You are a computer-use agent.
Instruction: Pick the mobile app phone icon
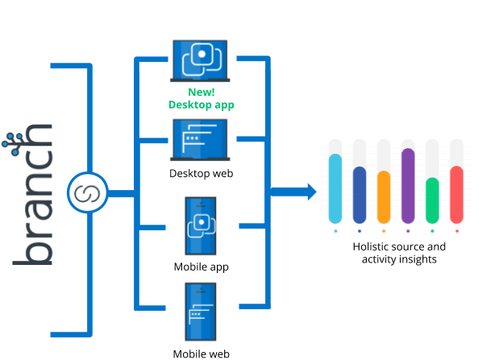[x=200, y=226]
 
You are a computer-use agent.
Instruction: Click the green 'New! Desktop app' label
[x=202, y=98]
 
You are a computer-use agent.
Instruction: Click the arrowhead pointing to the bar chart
[x=310, y=192]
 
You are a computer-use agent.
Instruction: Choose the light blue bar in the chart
[x=335, y=188]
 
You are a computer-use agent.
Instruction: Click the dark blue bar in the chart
[x=360, y=194]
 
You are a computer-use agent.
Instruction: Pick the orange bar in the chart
[x=384, y=197]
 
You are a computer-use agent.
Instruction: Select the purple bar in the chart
[x=408, y=185]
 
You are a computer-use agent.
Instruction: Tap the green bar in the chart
[x=432, y=200]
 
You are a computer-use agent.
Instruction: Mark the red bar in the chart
[x=456, y=194]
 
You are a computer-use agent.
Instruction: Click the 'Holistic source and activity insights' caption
[x=398, y=253]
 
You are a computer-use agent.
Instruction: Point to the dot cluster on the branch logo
[x=14, y=142]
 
